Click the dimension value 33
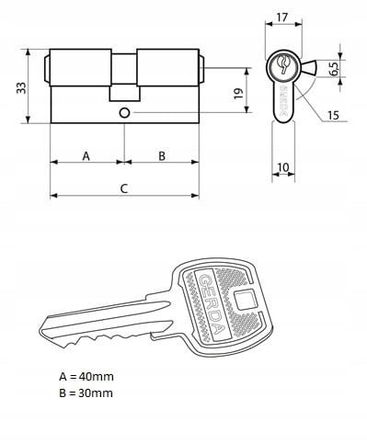[x=21, y=88]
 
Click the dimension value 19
[x=238, y=94]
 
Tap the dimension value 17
[x=282, y=17]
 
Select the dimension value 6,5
[x=334, y=69]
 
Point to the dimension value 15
[x=333, y=115]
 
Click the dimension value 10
[x=283, y=167]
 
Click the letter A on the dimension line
[x=86, y=156]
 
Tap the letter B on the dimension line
[x=162, y=156]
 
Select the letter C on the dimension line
[x=123, y=188]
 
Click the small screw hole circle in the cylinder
[x=124, y=113]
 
